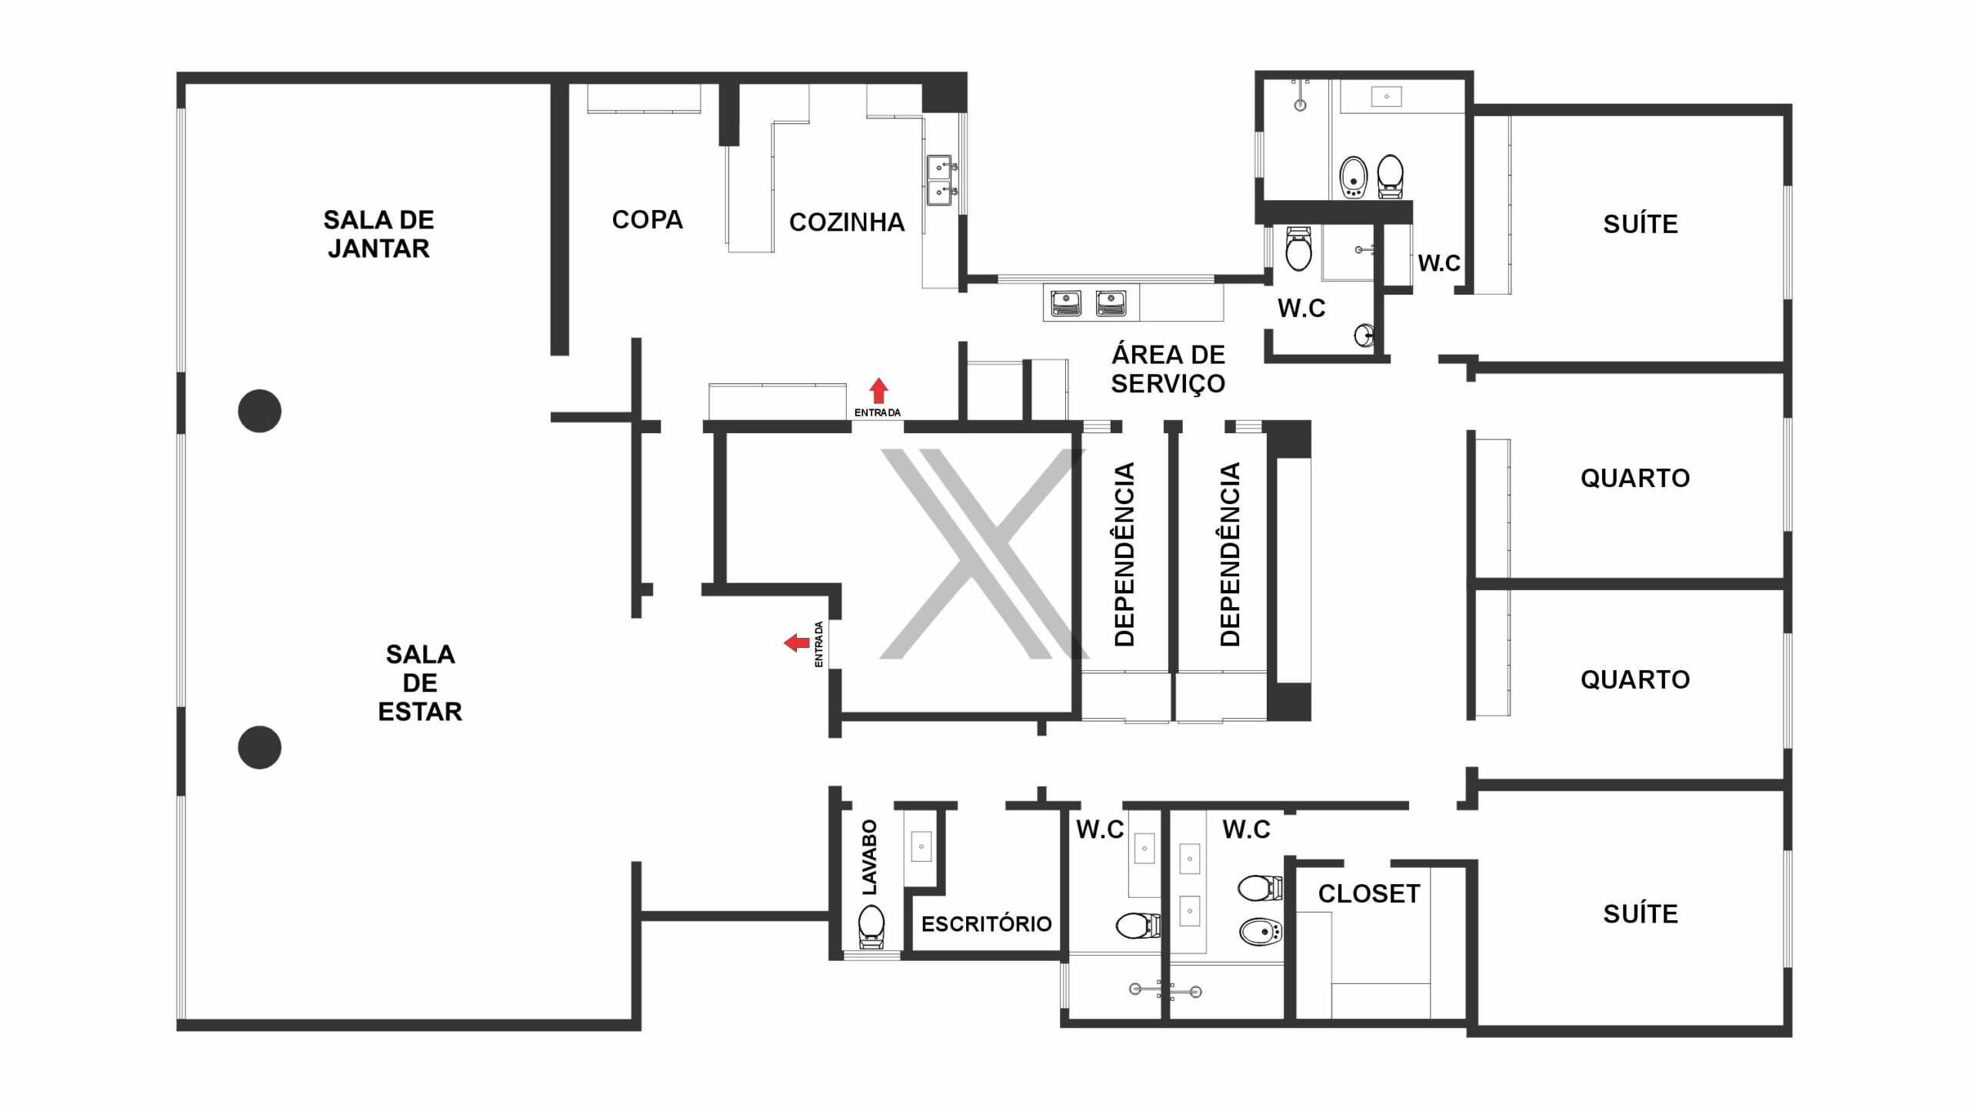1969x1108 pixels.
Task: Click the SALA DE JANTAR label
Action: coord(378,234)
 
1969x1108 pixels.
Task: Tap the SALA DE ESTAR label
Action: coord(420,682)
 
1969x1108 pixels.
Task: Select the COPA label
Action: coord(647,220)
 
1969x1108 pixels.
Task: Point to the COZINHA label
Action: coord(846,222)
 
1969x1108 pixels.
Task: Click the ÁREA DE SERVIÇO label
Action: coord(1168,369)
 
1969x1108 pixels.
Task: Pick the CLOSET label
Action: coord(1369,893)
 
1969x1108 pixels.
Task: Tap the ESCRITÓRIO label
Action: coord(987,924)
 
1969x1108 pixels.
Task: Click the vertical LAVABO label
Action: coord(869,857)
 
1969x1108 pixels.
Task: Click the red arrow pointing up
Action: coord(878,391)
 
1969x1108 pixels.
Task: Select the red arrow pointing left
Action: coord(796,642)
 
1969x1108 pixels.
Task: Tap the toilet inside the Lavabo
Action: coord(871,926)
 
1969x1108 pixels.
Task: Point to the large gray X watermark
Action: coord(984,554)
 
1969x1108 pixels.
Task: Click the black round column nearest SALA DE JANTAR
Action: coord(259,411)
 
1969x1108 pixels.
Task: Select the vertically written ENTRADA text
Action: coord(818,645)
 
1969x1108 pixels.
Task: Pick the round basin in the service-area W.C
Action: coord(1364,335)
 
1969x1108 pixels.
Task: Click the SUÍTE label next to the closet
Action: coord(1641,914)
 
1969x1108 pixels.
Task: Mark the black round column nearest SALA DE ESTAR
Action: coord(259,747)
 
